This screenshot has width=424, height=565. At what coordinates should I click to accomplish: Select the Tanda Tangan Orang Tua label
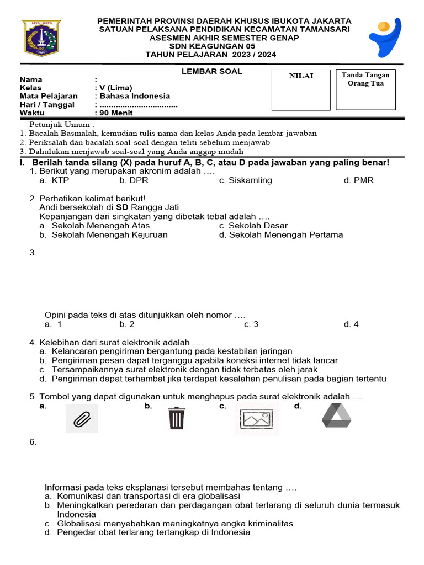(365, 79)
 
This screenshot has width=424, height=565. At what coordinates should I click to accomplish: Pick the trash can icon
(176, 418)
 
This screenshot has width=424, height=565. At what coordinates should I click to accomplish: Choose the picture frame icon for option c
(253, 418)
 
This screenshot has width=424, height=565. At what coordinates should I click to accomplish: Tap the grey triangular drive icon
(336, 415)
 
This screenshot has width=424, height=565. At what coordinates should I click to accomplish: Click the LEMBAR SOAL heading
(212, 71)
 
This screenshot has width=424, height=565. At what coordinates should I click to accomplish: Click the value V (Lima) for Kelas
(115, 88)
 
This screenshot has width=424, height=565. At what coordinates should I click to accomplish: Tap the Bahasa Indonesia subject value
(134, 96)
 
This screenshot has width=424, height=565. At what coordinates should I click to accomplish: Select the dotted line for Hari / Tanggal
(138, 105)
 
